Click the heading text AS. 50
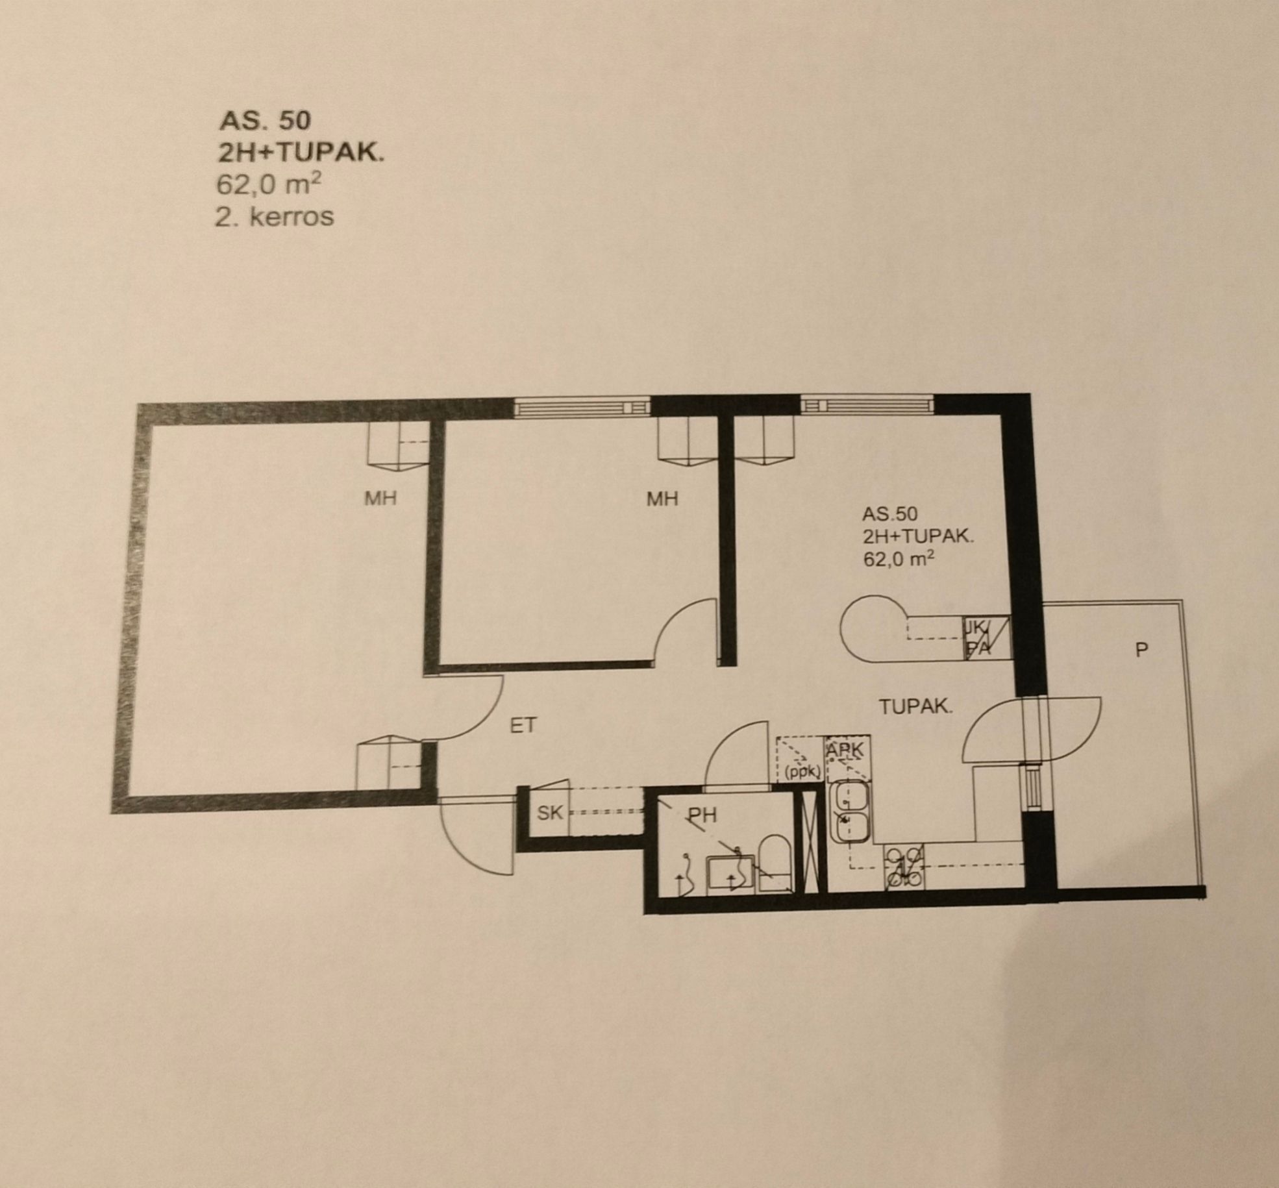click(x=265, y=120)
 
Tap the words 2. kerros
click(x=274, y=216)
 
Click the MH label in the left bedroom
click(x=380, y=498)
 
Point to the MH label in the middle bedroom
click(x=662, y=498)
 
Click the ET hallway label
click(x=523, y=725)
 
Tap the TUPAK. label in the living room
click(x=915, y=706)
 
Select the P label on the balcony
click(x=1141, y=650)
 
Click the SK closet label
click(x=550, y=812)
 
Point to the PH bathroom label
click(x=702, y=815)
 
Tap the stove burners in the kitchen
click(x=904, y=866)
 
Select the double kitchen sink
click(x=851, y=812)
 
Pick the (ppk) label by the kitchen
click(x=803, y=773)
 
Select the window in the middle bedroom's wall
click(x=582, y=407)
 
